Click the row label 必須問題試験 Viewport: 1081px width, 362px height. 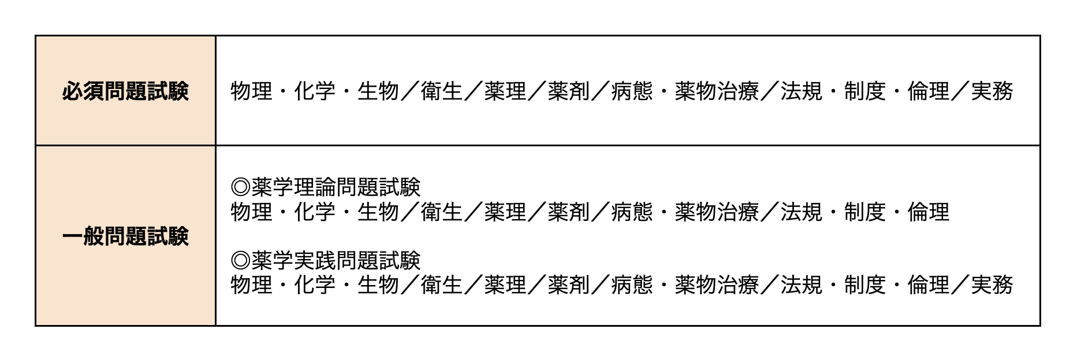[x=125, y=91]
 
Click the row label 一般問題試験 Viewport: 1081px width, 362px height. [x=125, y=236]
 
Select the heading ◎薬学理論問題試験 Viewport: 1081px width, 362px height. [x=326, y=187]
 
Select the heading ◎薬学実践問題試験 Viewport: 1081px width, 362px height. [x=326, y=260]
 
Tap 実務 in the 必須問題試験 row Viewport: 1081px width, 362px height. [x=991, y=91]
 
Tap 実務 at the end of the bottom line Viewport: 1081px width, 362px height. [x=991, y=285]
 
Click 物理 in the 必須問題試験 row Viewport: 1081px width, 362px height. [x=251, y=91]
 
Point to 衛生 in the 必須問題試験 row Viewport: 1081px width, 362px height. [x=442, y=91]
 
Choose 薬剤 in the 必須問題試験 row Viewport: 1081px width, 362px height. [x=569, y=91]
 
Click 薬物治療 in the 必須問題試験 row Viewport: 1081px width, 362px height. [x=717, y=91]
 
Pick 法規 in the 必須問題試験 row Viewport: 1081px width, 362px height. [x=801, y=91]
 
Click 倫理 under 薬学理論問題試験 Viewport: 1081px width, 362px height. [x=928, y=212]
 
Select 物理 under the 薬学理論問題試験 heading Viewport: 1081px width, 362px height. [x=251, y=212]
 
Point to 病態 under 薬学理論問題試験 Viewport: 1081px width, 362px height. [x=632, y=212]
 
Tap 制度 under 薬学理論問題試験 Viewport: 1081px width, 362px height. [x=864, y=212]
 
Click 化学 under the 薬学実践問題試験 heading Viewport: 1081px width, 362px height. [x=315, y=285]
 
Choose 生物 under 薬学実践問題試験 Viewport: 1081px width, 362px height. [x=378, y=285]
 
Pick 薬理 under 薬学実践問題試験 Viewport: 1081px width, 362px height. [x=505, y=285]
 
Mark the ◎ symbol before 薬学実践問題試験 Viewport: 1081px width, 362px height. [x=240, y=260]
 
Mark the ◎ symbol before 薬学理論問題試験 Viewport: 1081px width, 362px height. [x=240, y=187]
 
